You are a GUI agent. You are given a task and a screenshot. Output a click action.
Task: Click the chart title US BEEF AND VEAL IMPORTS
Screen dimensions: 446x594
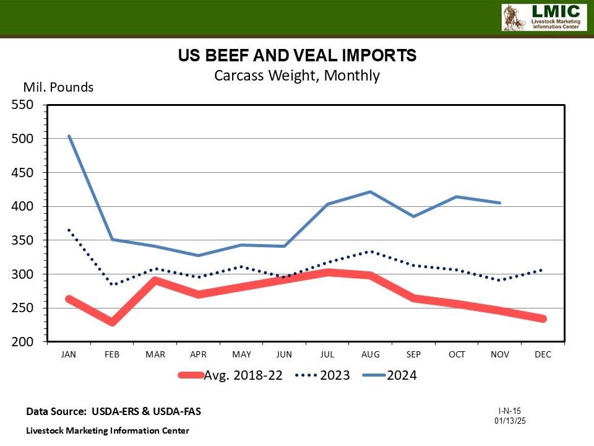(x=297, y=56)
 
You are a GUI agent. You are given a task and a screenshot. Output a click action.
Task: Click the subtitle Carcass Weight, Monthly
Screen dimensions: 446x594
(x=297, y=76)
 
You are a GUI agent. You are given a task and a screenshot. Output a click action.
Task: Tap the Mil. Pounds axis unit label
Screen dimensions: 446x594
(x=58, y=87)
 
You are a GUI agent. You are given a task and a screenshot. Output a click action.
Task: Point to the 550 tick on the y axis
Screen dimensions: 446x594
(x=24, y=105)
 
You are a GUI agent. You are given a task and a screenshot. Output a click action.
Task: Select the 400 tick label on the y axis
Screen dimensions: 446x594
(x=24, y=206)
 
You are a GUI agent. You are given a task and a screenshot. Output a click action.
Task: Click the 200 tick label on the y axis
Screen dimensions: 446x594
(x=24, y=341)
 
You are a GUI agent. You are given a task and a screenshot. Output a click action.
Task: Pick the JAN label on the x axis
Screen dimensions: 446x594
(x=69, y=354)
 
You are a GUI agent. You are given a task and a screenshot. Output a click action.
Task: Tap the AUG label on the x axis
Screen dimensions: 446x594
(x=371, y=354)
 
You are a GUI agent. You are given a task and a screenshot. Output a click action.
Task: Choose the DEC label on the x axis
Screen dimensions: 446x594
(x=543, y=354)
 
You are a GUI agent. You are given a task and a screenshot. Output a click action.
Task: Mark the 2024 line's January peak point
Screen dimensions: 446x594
(x=69, y=136)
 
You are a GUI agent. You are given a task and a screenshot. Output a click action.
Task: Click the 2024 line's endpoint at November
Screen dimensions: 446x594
(x=500, y=203)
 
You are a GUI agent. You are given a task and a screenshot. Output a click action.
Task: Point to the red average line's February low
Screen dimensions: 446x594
(x=112, y=322)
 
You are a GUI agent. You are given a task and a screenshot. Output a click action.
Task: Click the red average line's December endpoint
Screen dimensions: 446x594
(x=543, y=318)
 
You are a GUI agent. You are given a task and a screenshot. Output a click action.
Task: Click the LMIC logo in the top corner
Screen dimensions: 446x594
(x=543, y=17)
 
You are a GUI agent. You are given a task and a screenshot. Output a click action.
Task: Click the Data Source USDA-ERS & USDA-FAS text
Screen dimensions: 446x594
(x=113, y=411)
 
